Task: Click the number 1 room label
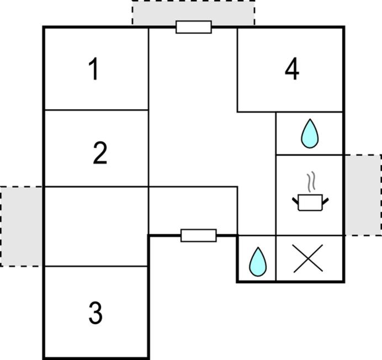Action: point(94,70)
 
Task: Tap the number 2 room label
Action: point(100,153)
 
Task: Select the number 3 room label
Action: point(95,313)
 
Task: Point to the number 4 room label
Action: point(292,70)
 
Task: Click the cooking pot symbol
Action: point(310,202)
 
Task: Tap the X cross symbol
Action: point(308,259)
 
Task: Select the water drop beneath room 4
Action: point(309,134)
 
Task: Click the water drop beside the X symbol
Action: point(257,261)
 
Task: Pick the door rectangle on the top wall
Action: point(194,27)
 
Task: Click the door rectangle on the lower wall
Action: point(199,236)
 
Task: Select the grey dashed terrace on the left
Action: point(22,226)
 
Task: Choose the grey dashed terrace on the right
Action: point(363,195)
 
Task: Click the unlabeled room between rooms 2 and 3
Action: point(96,226)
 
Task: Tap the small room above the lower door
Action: point(193,210)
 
